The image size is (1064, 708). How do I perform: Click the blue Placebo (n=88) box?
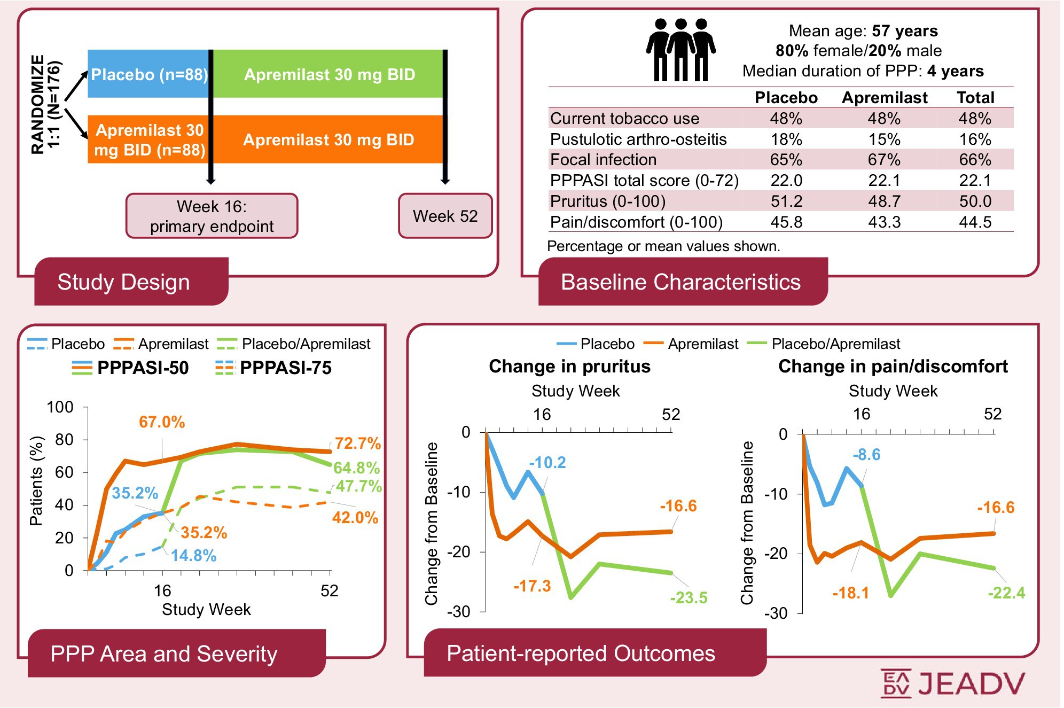[x=148, y=74]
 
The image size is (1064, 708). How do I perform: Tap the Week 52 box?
[x=445, y=216]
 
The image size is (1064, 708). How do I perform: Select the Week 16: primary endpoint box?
[x=212, y=216]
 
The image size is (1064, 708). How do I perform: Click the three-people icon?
[x=680, y=50]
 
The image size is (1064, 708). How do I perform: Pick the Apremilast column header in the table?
[x=885, y=98]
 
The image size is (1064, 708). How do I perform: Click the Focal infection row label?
[x=603, y=160]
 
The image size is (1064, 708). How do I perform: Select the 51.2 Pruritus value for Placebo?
[x=786, y=201]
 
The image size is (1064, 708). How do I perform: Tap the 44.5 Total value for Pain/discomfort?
[x=975, y=222]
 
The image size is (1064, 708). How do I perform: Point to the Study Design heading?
[x=123, y=282]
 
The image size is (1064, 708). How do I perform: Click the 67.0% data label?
[x=162, y=422]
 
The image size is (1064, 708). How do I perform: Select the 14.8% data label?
[x=193, y=556]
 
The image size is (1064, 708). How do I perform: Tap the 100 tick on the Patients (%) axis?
[x=60, y=407]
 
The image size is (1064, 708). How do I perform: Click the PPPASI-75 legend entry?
[x=273, y=368]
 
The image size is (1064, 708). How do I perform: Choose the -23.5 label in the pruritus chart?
[x=689, y=597]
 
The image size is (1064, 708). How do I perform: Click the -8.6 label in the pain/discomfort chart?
[x=866, y=455]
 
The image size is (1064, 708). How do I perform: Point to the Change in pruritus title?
[x=569, y=367]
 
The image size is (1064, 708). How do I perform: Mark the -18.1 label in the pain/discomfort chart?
[x=850, y=593]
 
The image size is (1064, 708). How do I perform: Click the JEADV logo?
[x=952, y=683]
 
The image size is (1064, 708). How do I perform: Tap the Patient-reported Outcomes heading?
[x=581, y=653]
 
